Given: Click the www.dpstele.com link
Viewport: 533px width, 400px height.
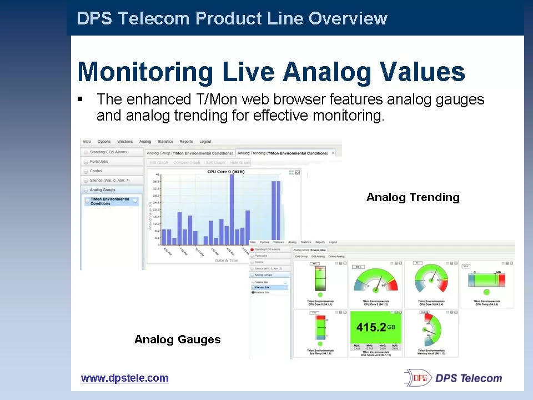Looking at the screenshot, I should click(x=124, y=378).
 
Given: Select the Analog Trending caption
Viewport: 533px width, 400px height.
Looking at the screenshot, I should click(x=413, y=197).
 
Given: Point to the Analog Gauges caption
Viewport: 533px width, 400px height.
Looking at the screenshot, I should click(x=177, y=339).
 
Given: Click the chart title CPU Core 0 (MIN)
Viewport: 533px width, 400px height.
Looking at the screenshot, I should click(x=225, y=172).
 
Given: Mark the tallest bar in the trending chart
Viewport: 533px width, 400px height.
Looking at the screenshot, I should click(x=232, y=209).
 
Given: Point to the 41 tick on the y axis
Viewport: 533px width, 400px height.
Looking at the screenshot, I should click(x=157, y=174).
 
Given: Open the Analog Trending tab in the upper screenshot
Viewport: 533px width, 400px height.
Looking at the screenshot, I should click(x=283, y=153).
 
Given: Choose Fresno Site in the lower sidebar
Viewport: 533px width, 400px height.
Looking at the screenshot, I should click(x=263, y=287).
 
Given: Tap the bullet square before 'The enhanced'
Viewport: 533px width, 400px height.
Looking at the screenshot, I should click(x=80, y=99).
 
